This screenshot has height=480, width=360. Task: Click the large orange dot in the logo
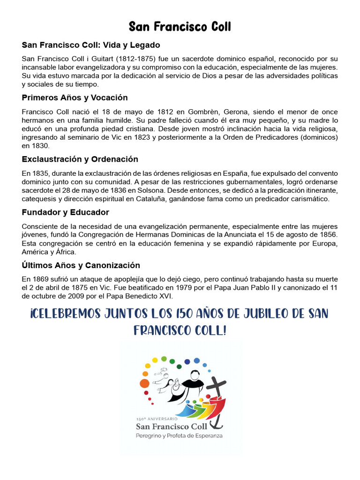[x=144, y=383]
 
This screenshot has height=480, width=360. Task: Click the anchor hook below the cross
[x=217, y=422]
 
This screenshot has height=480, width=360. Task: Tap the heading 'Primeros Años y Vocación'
[x=75, y=98]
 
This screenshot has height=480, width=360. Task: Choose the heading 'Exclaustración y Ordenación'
[x=80, y=159]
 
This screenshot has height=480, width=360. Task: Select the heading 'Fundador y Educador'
[x=65, y=212]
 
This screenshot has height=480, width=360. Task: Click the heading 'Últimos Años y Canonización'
[x=81, y=265]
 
